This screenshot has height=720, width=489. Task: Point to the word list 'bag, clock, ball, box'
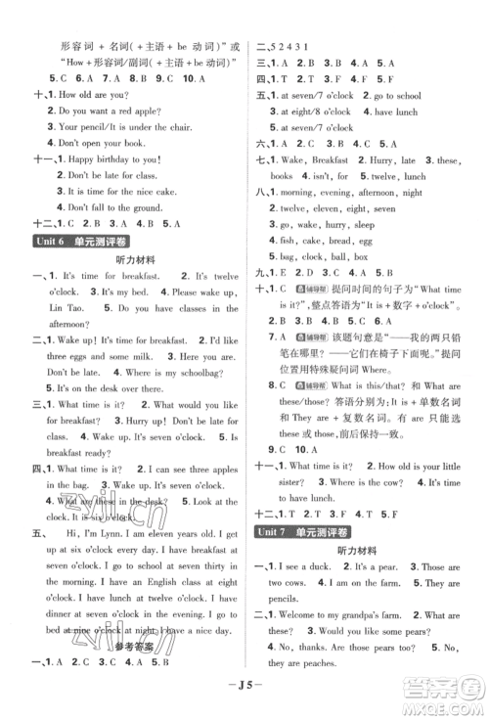point(322,256)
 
